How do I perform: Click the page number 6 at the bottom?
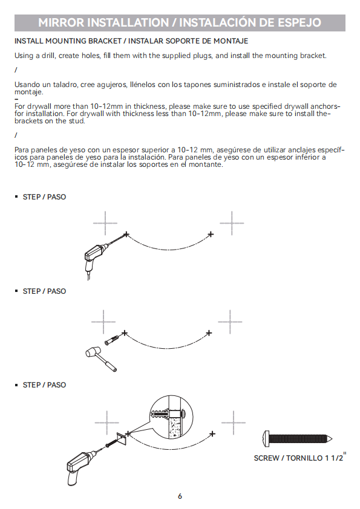point(180,496)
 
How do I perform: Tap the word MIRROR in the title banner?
point(61,22)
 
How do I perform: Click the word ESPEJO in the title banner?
point(299,22)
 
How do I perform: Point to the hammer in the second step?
point(100,358)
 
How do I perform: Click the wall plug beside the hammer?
point(112,339)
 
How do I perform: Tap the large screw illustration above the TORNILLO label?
point(297,439)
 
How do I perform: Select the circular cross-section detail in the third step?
point(171,417)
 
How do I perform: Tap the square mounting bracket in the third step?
point(122,439)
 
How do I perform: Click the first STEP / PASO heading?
point(44,196)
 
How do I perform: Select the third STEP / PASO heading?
point(44,384)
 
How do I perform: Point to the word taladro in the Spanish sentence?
point(65,85)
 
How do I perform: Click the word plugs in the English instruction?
point(202,56)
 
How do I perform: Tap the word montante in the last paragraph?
point(205,164)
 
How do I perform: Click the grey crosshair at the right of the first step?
point(232,223)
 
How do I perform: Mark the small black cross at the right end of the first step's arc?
point(211,234)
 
